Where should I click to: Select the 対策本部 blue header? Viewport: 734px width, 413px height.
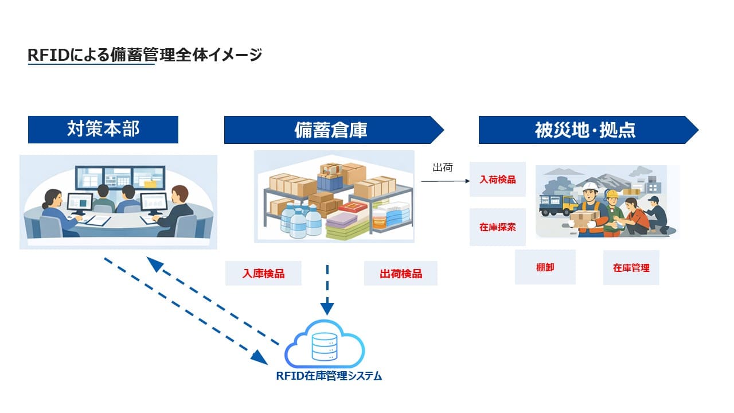click(x=103, y=130)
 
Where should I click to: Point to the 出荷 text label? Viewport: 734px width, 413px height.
click(x=442, y=167)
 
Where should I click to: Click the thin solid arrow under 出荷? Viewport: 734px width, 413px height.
click(x=444, y=181)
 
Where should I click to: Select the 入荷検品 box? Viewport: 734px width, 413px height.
click(x=497, y=180)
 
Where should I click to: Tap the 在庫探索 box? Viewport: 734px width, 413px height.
click(x=497, y=227)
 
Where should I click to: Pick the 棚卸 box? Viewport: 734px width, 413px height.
click(x=545, y=267)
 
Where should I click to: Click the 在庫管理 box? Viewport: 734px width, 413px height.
click(x=631, y=267)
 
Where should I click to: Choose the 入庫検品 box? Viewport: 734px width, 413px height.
click(x=263, y=274)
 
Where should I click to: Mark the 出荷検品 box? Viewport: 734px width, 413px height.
click(x=401, y=274)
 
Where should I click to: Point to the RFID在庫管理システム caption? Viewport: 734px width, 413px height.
click(x=329, y=376)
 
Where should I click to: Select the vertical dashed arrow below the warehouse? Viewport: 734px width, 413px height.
click(x=327, y=287)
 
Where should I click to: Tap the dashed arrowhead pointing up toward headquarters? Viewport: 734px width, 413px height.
click(x=155, y=264)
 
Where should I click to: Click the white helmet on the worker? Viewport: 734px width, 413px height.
click(x=589, y=187)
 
